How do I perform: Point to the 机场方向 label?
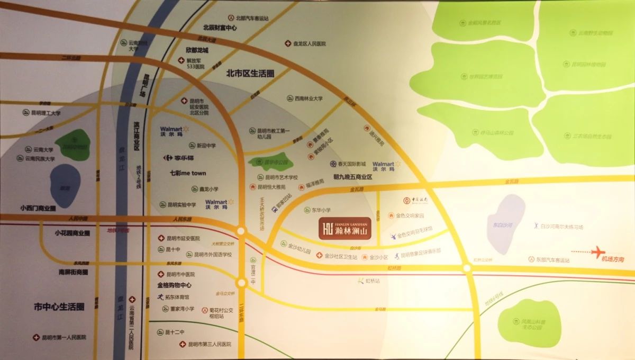click(613, 259)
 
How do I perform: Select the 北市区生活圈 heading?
click(250, 73)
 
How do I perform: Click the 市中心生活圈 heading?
click(58, 307)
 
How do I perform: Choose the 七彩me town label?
click(188, 173)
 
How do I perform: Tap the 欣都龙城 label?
click(197, 50)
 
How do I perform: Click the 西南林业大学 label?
click(309, 98)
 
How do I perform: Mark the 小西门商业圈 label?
click(38, 208)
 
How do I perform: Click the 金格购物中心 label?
click(174, 285)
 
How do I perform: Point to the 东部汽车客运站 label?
click(552, 260)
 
